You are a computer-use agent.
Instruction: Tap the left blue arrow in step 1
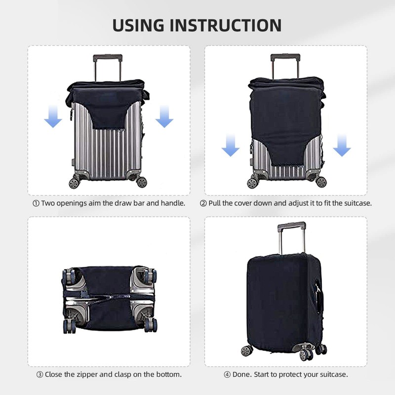(53, 118)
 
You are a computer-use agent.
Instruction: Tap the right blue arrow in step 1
(164, 118)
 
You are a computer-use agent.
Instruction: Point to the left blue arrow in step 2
(230, 147)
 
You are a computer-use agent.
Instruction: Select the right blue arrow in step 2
(341, 147)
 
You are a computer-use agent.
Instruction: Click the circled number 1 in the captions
(36, 203)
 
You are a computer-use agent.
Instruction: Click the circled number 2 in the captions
(203, 203)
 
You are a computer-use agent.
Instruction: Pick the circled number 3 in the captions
(39, 374)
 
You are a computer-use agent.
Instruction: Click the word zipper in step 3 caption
(90, 374)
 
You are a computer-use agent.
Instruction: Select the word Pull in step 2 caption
(216, 203)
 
